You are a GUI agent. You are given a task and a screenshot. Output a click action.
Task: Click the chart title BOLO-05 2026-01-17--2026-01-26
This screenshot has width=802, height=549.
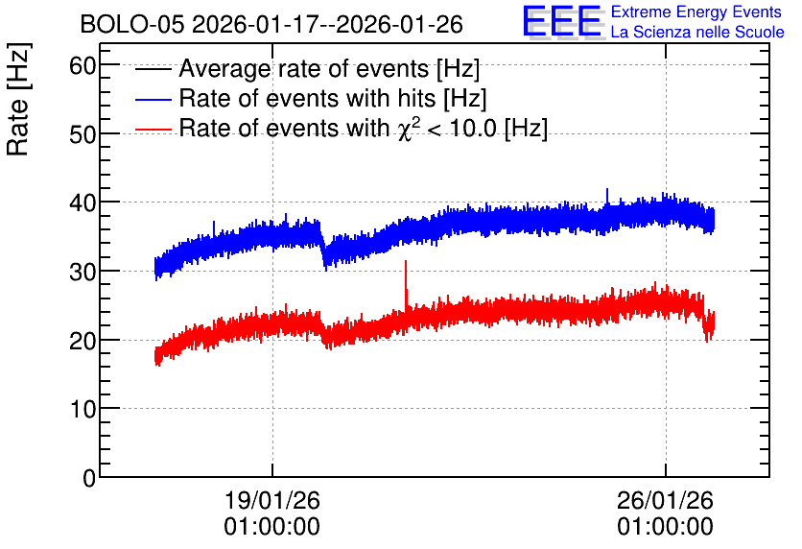point(271,24)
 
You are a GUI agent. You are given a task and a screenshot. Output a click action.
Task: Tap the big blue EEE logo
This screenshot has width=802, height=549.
point(562,21)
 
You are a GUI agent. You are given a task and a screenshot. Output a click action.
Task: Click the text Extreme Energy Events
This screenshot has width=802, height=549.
point(696,12)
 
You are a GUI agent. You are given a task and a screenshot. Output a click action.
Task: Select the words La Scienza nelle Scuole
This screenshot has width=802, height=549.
point(697,32)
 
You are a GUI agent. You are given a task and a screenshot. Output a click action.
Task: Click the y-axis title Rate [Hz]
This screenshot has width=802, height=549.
point(18,99)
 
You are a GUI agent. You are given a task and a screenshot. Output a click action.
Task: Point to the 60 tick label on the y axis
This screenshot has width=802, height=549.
point(83,65)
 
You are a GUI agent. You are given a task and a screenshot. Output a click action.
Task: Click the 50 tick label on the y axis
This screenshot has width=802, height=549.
point(83,134)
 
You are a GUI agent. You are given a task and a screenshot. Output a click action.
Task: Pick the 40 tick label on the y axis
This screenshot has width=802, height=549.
point(83,203)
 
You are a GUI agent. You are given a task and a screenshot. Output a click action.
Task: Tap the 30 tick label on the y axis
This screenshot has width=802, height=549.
point(83,272)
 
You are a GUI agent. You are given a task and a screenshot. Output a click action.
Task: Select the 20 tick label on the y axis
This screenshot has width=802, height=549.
point(83,341)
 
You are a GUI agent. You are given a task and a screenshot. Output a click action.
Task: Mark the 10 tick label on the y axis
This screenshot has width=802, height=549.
point(83,409)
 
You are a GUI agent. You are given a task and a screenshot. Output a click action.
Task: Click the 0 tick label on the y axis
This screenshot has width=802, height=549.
point(89,478)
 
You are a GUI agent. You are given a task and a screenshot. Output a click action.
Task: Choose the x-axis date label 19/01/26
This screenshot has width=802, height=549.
point(272,500)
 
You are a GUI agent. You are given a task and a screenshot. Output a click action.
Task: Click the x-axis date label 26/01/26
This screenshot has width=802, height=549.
point(665,500)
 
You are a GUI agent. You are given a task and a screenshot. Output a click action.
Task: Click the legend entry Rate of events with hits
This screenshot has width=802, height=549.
point(333,98)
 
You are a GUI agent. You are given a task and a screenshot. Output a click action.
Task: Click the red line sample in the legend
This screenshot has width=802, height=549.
point(153,129)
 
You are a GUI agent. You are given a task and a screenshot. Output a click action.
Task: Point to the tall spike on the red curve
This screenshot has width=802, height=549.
point(406,284)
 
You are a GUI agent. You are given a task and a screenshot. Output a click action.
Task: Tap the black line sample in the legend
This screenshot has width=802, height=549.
point(153,69)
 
